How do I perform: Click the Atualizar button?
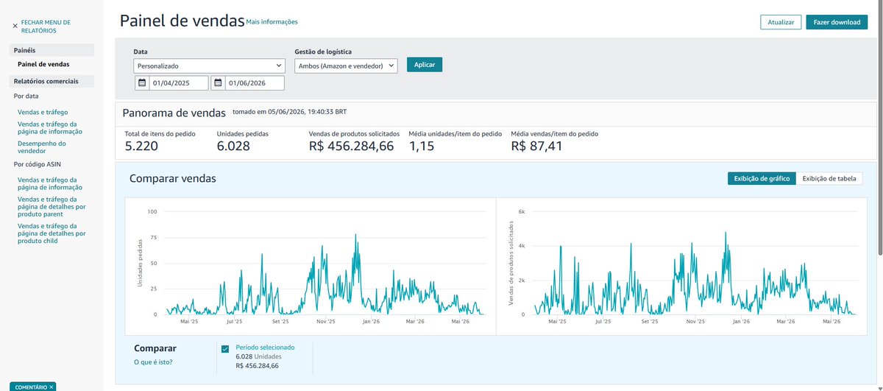pos(781,22)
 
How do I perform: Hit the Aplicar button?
pos(424,65)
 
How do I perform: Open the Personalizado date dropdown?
pos(209,66)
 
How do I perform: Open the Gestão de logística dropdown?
pos(346,66)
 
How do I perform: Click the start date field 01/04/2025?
pos(179,83)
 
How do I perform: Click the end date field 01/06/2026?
pos(255,83)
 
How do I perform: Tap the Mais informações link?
pos(272,22)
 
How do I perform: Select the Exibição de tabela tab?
pos(829,179)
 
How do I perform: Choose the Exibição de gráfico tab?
pos(762,179)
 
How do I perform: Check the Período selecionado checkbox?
pos(225,349)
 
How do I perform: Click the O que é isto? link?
pos(153,362)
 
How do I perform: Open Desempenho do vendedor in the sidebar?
pos(42,147)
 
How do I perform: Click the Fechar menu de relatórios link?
pos(46,27)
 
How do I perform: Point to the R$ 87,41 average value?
pos(536,146)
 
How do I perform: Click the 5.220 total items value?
pos(141,146)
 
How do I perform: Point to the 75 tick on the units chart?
pos(153,238)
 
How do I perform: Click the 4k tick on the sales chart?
pos(522,246)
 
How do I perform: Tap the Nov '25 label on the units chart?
pos(325,322)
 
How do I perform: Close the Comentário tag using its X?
pos(52,387)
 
